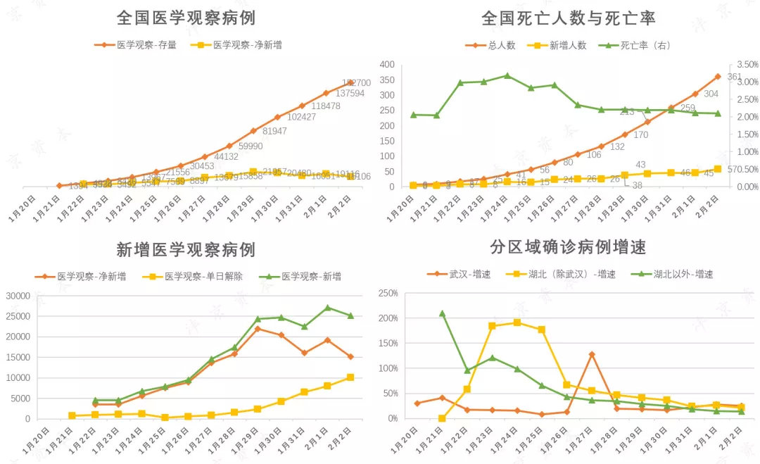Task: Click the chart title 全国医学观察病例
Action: pos(186,18)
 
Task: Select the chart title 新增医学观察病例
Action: pos(186,249)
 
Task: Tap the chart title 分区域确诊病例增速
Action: pos(568,247)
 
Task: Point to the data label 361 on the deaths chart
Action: pos(735,77)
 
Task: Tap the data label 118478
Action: pos(325,106)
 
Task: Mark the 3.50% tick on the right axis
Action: pos(745,64)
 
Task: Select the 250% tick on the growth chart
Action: pos(388,293)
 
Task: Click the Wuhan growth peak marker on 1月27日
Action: pos(592,354)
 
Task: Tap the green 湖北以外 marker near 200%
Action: pos(442,313)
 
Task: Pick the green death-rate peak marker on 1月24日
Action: pos(507,75)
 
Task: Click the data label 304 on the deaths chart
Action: pos(711,94)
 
